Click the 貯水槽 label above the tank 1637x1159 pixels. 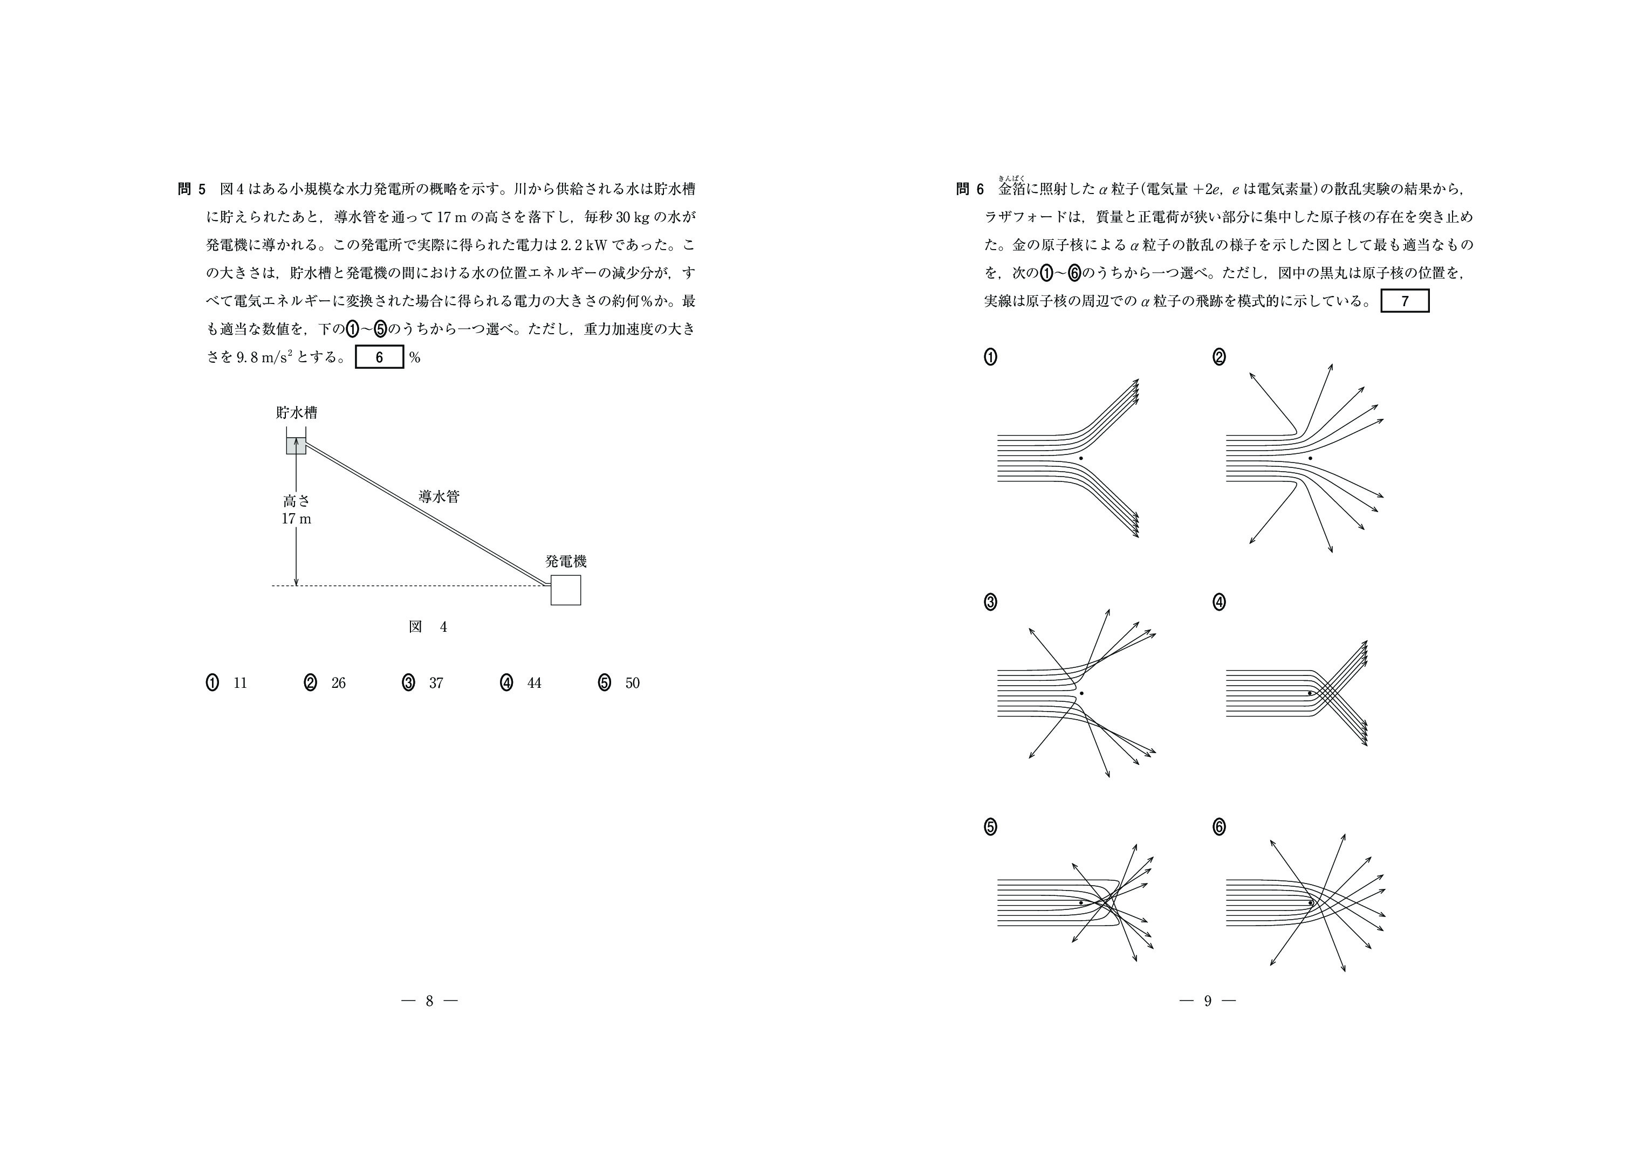pos(296,412)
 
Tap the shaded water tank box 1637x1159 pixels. pos(296,445)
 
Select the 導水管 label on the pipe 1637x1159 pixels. pos(439,496)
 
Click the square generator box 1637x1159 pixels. pos(565,590)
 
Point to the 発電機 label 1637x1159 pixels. pos(565,562)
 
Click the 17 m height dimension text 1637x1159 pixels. pos(296,519)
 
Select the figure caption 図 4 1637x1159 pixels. pos(428,626)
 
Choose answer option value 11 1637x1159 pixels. pos(240,683)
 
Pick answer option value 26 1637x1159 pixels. pos(338,683)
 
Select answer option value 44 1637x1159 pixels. pos(534,683)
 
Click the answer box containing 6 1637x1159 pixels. pos(379,357)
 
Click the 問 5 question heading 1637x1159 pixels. pos(191,189)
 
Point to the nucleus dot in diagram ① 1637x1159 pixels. pos(1081,458)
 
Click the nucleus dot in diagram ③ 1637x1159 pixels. pos(1081,693)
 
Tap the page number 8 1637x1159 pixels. pos(429,1001)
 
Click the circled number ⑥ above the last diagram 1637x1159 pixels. pos(1218,826)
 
